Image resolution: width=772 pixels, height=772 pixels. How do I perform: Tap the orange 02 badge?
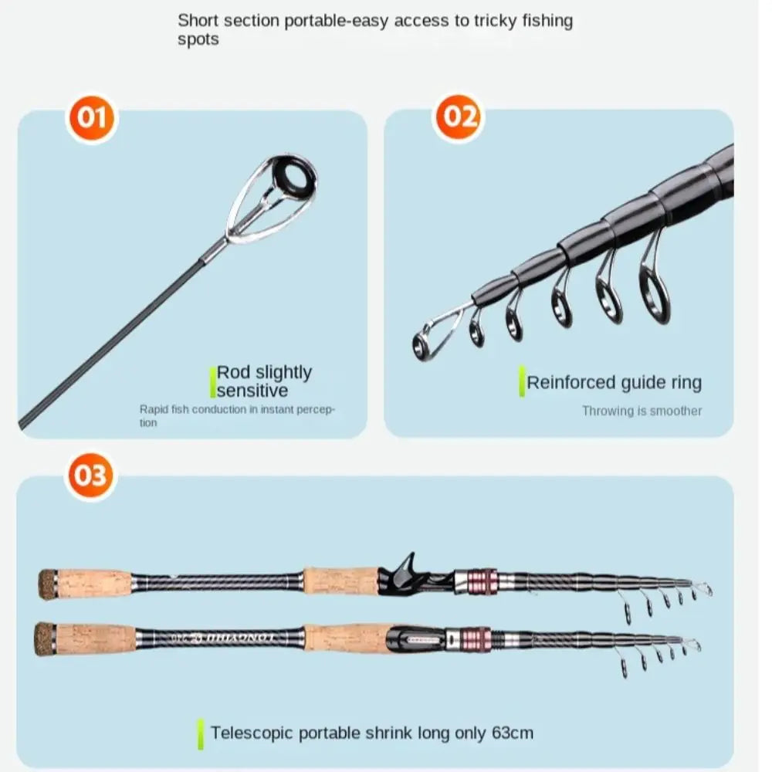pos(459,117)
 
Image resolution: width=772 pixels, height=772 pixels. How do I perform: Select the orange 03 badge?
pos(91,475)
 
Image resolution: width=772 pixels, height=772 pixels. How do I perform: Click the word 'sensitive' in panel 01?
pos(252,391)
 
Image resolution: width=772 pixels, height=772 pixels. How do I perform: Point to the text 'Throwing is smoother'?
pos(642,411)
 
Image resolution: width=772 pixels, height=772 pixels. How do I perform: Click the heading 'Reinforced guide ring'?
pos(614,382)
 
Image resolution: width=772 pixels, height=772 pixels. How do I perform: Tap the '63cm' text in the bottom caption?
pos(512,733)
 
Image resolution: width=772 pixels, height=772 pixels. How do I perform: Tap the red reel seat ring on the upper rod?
pos(479,581)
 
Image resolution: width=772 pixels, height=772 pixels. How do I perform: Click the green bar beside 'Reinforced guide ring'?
pos(522,381)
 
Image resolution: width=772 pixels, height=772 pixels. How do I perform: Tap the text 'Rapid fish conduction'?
pos(193,410)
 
